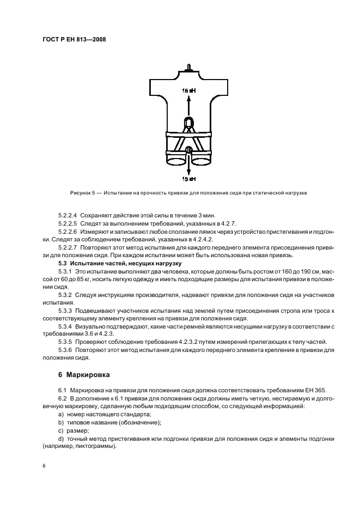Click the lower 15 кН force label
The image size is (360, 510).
tap(188, 179)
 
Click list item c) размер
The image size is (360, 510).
tap(74, 430)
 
